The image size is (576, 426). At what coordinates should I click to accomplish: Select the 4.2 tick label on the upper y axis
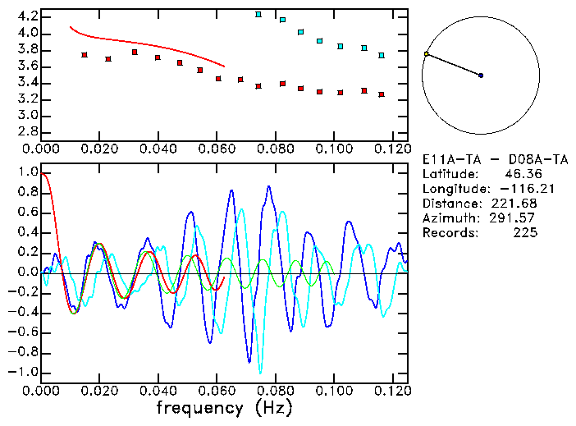27,16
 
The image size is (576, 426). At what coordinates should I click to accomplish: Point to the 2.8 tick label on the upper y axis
27,131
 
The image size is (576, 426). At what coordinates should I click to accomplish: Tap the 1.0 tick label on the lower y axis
27,173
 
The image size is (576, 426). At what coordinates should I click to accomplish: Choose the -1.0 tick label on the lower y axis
24,372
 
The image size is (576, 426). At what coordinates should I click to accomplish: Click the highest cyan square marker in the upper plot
258,14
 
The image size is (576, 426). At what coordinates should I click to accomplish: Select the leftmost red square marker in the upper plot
85,55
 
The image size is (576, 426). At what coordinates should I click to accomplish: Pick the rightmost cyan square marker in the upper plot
382,55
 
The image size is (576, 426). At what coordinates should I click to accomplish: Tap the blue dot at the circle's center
481,76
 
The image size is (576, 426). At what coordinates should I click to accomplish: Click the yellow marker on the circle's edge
426,54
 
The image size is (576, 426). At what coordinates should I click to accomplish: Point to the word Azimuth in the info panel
449,218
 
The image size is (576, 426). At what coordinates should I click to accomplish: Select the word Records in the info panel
449,233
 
